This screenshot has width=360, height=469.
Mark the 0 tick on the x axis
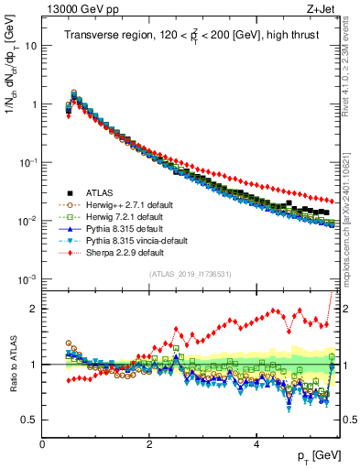pos(42,442)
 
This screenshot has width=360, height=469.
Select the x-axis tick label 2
pos(148,442)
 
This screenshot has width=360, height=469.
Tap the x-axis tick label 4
pos(256,442)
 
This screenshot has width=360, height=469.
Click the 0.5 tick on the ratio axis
pos(28,420)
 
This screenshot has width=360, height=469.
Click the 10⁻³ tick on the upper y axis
pos(26,278)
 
